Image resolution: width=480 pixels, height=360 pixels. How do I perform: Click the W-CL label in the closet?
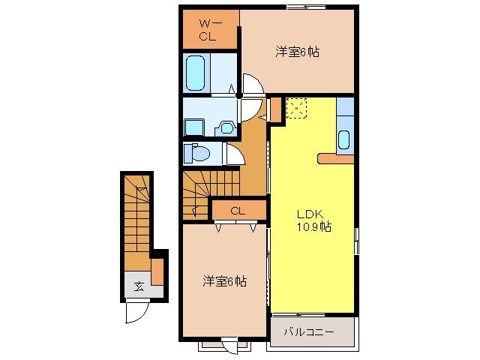208,28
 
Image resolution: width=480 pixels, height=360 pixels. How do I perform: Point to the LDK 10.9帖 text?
313,218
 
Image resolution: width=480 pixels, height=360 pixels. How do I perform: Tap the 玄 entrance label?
139,286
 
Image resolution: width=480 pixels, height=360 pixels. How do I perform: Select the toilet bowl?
198,153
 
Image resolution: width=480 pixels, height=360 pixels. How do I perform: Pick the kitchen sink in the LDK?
344,139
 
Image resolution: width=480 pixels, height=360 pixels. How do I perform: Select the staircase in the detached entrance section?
136,217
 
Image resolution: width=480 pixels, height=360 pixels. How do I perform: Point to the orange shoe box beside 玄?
157,271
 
